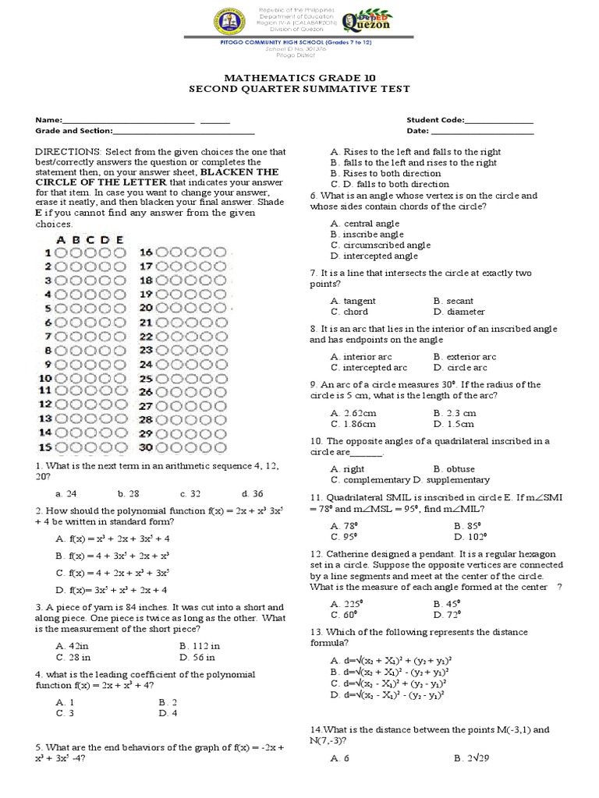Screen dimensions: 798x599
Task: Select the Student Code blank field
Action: click(498, 121)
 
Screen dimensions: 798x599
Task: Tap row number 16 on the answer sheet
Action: click(147, 252)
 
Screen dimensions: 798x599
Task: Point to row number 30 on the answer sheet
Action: click(147, 447)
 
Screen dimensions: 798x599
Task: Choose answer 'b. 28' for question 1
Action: click(127, 493)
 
